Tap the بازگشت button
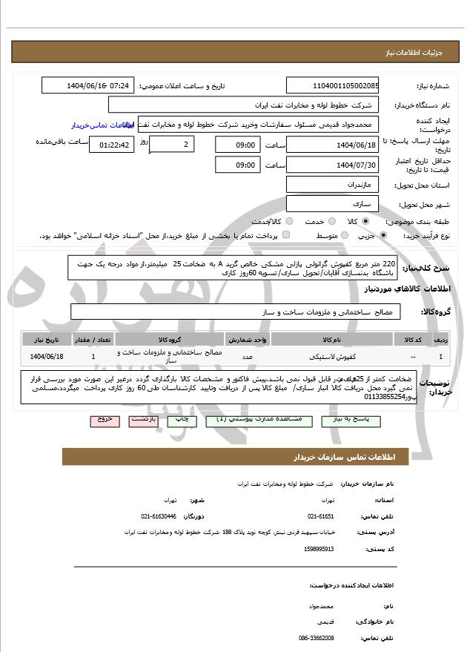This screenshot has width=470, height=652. point(142,420)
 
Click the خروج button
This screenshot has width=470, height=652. point(105,420)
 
